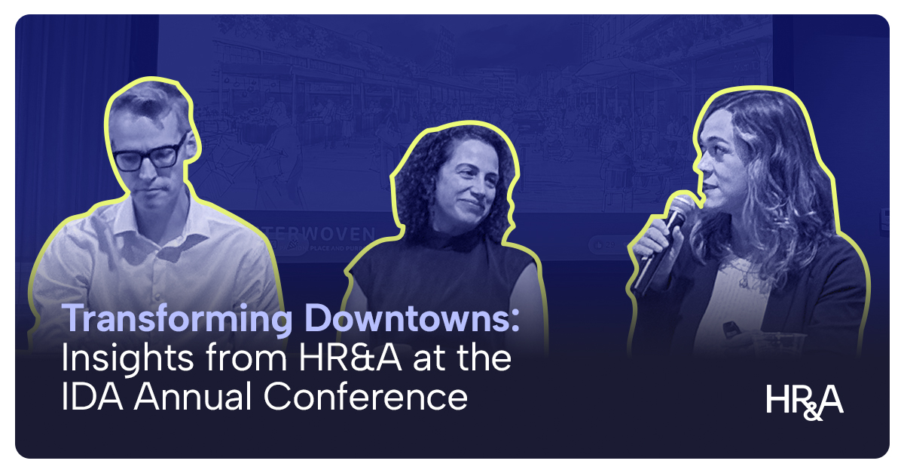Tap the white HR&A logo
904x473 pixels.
click(x=804, y=400)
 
